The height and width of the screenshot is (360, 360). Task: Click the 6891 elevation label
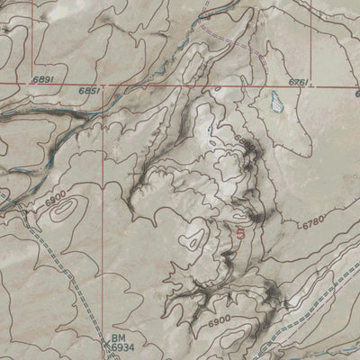coord(44,80)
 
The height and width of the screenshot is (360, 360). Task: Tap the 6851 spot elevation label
coord(88,91)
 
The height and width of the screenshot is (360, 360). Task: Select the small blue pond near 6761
coord(277,106)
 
